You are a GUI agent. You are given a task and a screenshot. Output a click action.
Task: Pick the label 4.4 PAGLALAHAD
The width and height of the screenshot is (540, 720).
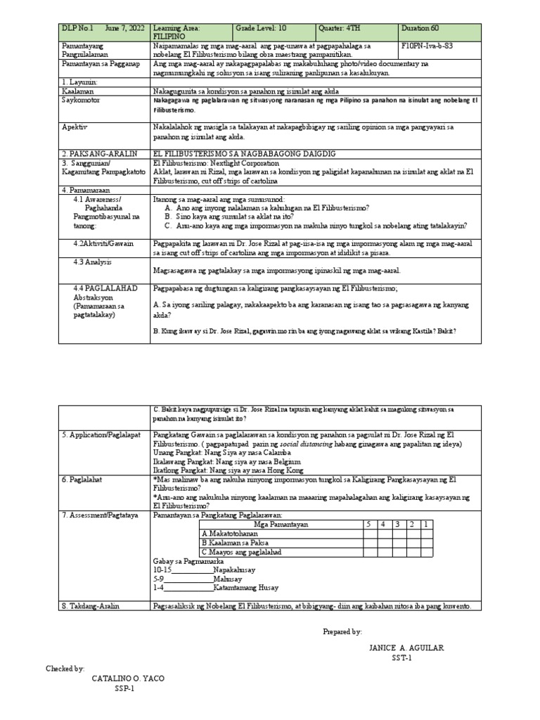tap(105, 289)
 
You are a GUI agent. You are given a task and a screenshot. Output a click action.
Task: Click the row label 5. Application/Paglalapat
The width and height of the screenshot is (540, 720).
tap(103, 435)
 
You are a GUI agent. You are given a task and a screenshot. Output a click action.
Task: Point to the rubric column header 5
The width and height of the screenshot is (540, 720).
tap(367, 525)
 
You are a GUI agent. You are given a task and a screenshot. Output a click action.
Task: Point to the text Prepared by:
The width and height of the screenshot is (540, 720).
tap(342, 631)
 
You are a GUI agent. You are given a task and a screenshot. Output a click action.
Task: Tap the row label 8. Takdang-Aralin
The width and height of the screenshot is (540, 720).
tap(92, 606)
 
